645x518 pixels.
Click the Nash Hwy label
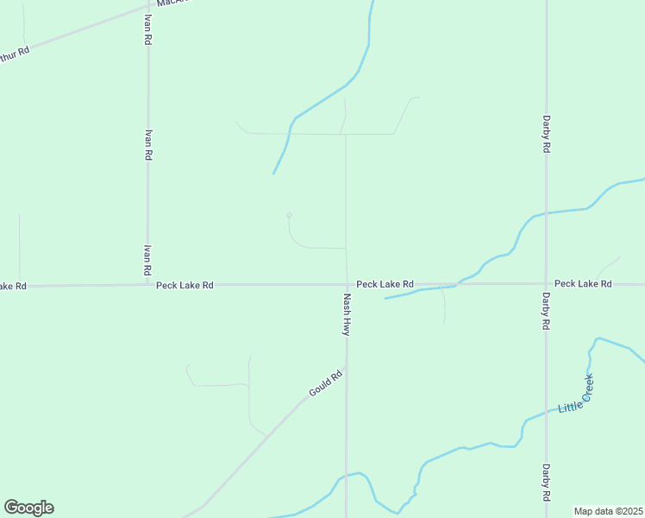pos(347,314)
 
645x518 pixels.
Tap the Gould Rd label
pos(326,384)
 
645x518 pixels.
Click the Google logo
pos(28,508)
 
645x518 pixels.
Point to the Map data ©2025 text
pos(609,511)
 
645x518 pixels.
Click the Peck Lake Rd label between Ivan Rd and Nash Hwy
pos(185,285)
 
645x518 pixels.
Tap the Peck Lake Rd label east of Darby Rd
pos(583,283)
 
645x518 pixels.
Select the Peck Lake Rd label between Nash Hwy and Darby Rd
pos(385,283)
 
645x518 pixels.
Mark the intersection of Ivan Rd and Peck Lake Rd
pos(147,284)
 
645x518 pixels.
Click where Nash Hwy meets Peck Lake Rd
pos(347,284)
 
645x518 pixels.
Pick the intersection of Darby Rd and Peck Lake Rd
pos(546,283)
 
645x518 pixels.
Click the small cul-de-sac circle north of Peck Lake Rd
pos(289,215)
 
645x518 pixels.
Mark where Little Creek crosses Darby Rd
pos(546,410)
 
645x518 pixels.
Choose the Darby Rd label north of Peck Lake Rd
pos(546,135)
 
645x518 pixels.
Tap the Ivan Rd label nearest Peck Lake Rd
pos(147,260)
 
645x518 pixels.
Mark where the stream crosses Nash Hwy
pos(347,475)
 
